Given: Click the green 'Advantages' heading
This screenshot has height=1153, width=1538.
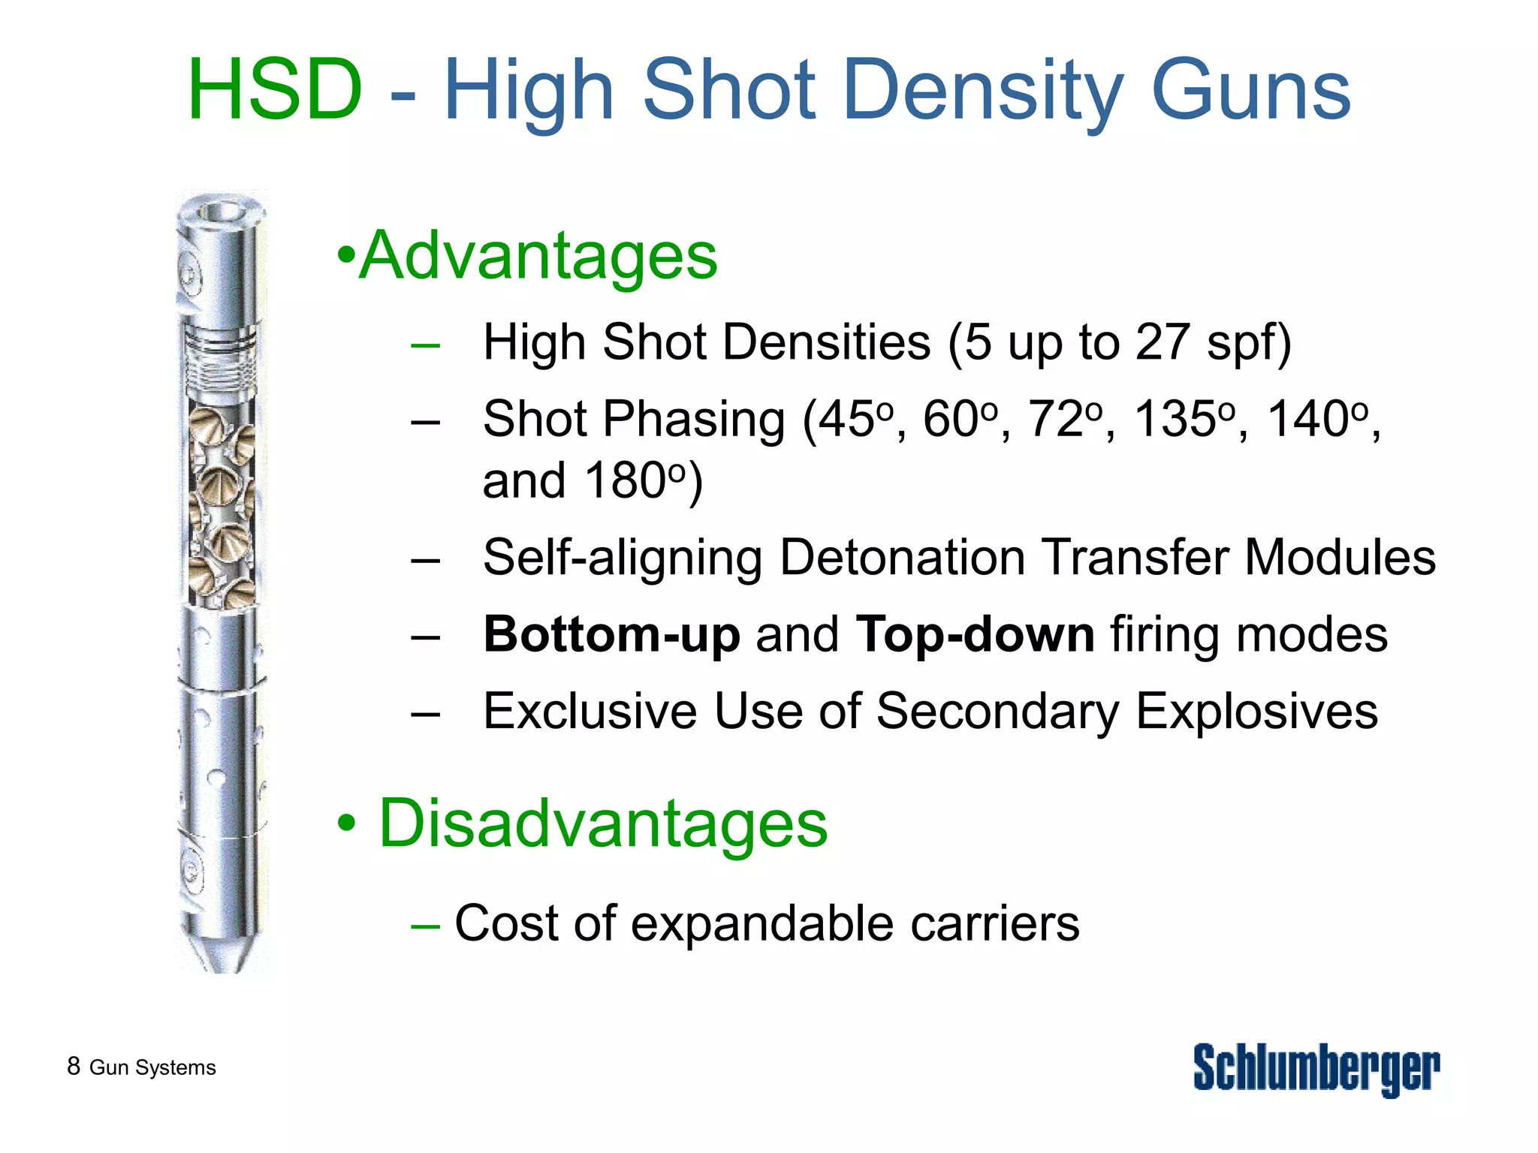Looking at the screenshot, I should [538, 256].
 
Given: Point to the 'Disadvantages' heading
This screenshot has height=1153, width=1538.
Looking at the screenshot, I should [602, 823].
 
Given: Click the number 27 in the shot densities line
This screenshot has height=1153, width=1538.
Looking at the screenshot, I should [1163, 342].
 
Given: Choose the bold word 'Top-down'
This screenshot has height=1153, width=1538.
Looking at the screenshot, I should [975, 634].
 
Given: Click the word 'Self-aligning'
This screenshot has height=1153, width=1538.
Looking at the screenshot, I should [623, 558].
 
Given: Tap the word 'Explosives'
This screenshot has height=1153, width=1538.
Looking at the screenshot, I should [1256, 711].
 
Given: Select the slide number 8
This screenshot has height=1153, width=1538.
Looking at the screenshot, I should [74, 1066].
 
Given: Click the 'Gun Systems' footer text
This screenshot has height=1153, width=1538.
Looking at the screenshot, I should [152, 1067].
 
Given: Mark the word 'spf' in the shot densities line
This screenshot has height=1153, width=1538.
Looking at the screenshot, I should [1239, 344].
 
